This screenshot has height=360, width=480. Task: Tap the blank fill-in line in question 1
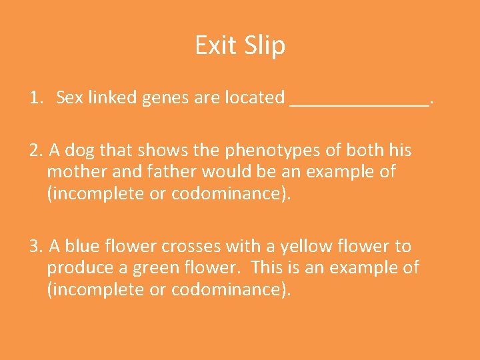(360, 104)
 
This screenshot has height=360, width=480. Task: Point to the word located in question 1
(257, 97)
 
